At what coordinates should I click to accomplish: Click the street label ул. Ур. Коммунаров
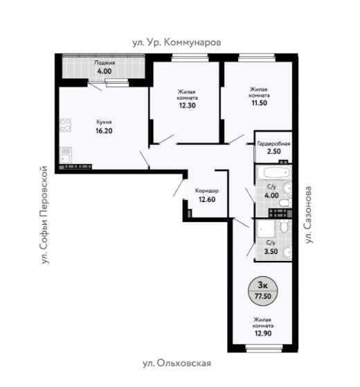point(177,43)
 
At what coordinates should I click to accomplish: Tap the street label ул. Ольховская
point(177,363)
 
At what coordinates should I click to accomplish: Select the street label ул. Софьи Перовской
point(44,215)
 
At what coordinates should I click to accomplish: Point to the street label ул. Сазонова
point(308,215)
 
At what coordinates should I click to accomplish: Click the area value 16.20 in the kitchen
point(104,131)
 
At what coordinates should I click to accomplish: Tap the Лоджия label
point(105,63)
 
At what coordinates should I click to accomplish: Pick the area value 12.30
point(188,105)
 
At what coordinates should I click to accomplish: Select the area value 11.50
point(260,103)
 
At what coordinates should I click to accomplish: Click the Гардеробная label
point(273,143)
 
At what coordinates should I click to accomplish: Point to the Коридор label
point(207,191)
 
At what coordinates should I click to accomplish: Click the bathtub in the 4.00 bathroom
point(273,172)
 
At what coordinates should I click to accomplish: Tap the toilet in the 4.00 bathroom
point(285,203)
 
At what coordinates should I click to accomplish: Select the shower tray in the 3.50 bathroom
point(266,228)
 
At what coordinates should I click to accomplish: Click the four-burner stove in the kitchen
point(65,125)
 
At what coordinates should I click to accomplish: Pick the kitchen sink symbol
point(65,156)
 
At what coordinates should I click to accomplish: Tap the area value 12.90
point(263,334)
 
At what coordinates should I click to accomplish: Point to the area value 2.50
point(274,152)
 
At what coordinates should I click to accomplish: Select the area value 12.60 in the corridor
point(207,199)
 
